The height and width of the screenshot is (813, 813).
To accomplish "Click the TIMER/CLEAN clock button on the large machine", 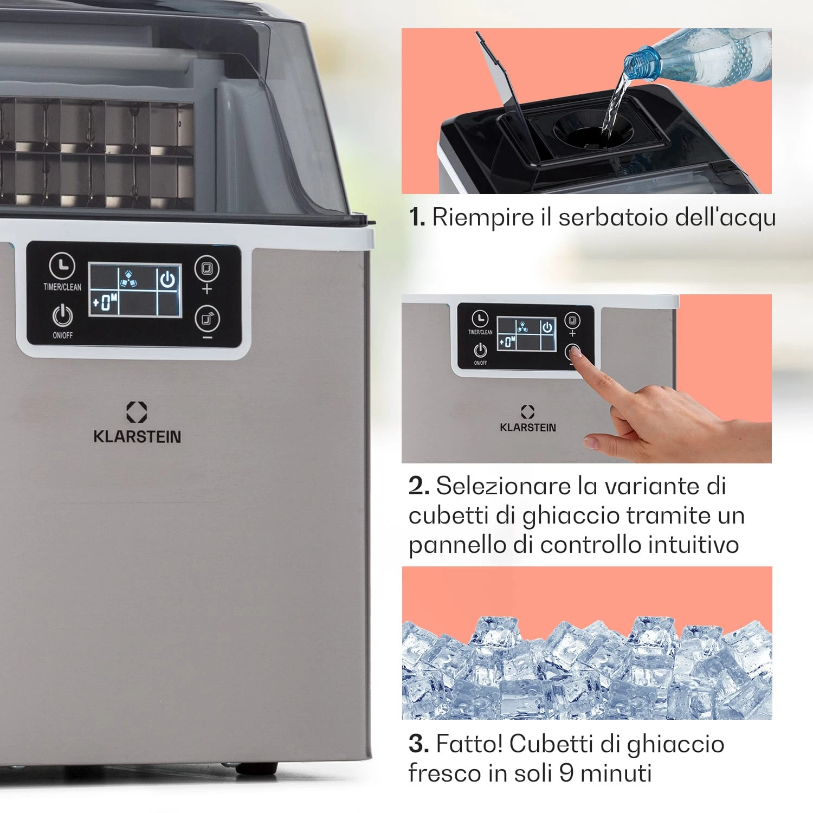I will tap(62, 266).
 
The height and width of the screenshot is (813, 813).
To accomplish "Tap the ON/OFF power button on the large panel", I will tap(62, 315).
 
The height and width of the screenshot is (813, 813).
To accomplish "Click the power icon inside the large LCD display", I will tap(168, 279).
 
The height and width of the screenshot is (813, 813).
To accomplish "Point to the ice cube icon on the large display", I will tap(128, 279).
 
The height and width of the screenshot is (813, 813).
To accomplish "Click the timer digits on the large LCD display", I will tap(105, 302).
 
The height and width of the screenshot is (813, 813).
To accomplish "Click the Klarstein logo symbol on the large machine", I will tap(137, 412).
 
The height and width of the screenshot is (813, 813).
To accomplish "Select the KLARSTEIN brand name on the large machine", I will tap(137, 437).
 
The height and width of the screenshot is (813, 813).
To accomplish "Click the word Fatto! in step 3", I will tap(469, 744).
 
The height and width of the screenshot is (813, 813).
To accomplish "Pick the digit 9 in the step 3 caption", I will tap(566, 773).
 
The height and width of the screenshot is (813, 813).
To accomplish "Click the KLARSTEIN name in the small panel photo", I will tap(528, 428).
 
